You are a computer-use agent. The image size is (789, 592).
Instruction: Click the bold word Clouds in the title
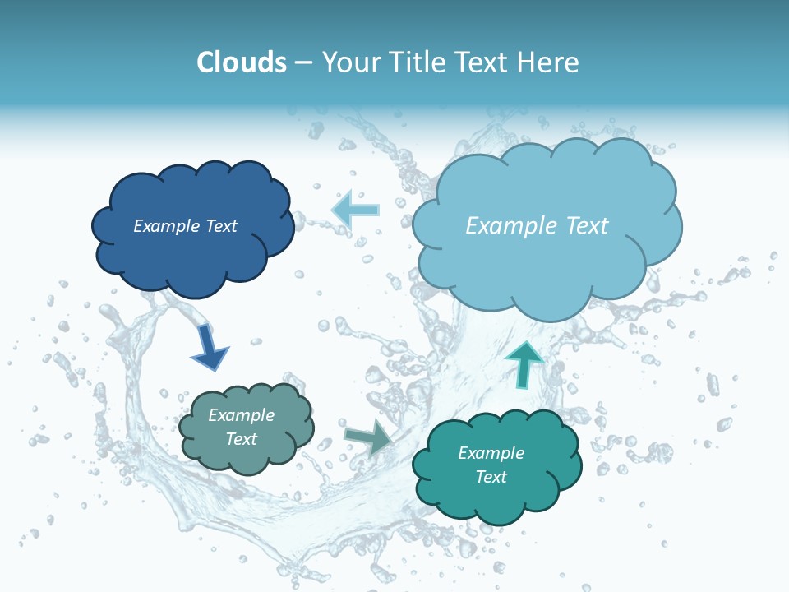coord(241,62)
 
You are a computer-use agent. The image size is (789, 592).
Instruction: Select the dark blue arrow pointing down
coord(209,347)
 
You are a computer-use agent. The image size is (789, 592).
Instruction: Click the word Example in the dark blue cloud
coord(168,226)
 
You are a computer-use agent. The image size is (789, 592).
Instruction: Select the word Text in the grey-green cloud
coord(242,439)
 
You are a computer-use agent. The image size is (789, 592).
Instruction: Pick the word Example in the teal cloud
coord(491,453)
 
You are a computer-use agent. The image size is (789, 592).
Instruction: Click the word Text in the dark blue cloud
coord(220,226)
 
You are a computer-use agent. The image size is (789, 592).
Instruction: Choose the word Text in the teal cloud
coord(491,477)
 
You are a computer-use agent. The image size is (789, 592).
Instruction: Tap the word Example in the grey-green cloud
coord(242,415)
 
